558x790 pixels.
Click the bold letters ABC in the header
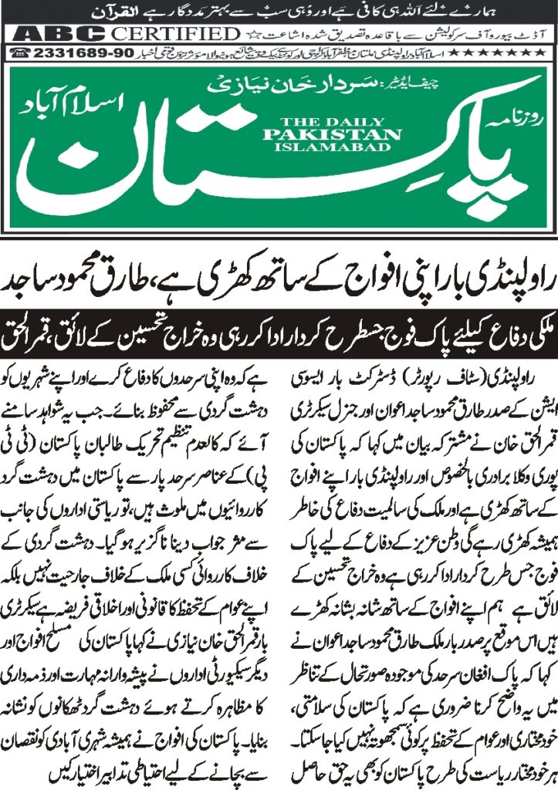59,34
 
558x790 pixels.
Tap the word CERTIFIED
174,34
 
